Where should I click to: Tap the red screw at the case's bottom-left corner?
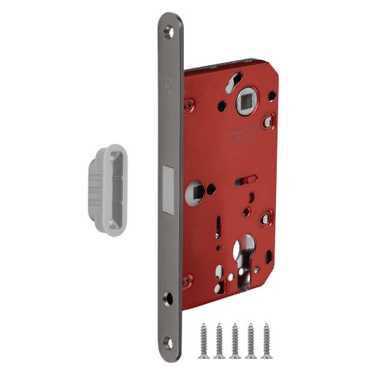[x=190, y=278]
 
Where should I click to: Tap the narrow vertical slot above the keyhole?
[x=217, y=223]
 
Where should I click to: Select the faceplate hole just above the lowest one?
[x=167, y=298]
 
